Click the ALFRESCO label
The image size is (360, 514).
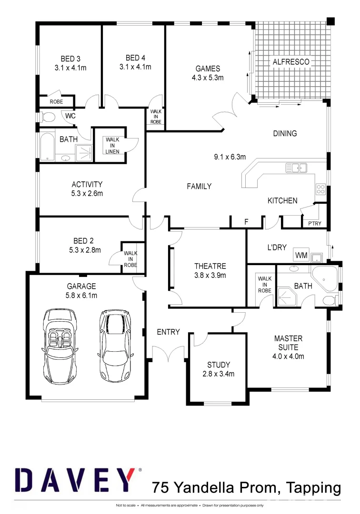click(x=290, y=62)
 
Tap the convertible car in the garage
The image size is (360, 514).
click(x=60, y=344)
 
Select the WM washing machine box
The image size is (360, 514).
click(x=301, y=255)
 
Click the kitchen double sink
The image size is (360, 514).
click(x=296, y=168)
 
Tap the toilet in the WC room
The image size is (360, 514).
click(x=48, y=117)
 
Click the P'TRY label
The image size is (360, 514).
click(x=314, y=223)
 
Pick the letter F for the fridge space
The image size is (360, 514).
click(x=246, y=221)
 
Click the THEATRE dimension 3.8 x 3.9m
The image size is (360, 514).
click(x=210, y=275)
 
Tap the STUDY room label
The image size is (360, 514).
click(x=219, y=365)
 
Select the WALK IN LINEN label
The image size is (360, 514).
click(x=112, y=145)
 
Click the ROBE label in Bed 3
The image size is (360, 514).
click(x=56, y=102)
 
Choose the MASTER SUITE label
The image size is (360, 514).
click(x=288, y=343)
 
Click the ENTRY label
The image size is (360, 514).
click(x=168, y=332)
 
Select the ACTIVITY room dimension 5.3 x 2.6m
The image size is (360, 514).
click(x=87, y=193)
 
